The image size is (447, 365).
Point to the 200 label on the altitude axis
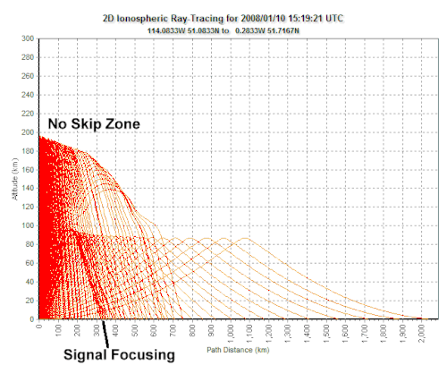(28, 132)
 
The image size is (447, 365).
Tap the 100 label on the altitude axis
(28, 225)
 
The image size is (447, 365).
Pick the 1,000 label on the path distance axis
(231, 334)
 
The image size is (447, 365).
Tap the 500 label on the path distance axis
(135, 330)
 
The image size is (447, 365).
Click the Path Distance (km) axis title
(238, 350)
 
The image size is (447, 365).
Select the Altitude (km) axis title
(15, 179)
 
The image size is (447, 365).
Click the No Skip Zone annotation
(94, 123)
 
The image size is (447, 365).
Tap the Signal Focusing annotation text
(119, 355)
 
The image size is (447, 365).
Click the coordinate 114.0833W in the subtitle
(166, 30)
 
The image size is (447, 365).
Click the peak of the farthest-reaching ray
(246, 238)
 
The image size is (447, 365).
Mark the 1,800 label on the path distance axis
(384, 334)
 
